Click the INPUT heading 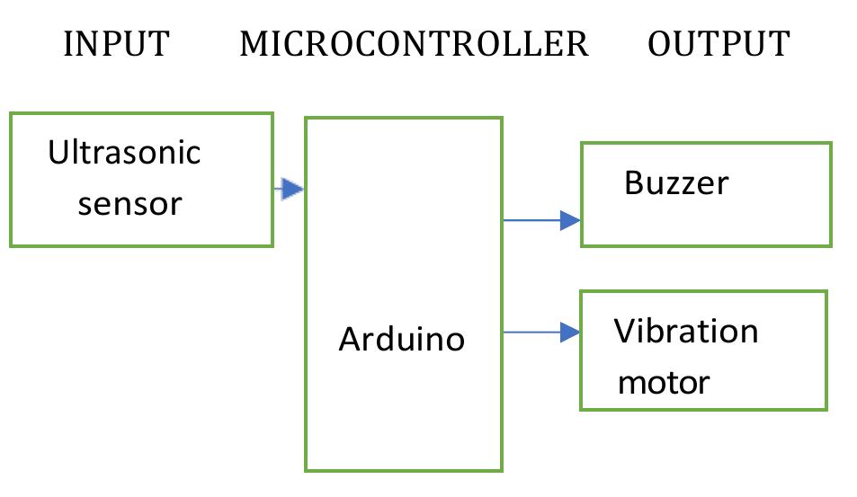coord(116,43)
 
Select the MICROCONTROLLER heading coord(414,43)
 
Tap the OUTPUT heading coord(719,43)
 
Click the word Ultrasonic coord(124,152)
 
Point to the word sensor coord(129,204)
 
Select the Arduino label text coord(401,339)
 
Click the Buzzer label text coord(676,183)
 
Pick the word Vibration coord(686,332)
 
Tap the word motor coord(664,383)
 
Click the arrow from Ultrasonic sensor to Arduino coord(289,189)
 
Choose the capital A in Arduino coord(349,339)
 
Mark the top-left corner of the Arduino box coord(306,118)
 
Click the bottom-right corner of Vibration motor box coord(826,410)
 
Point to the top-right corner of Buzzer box coord(830,143)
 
